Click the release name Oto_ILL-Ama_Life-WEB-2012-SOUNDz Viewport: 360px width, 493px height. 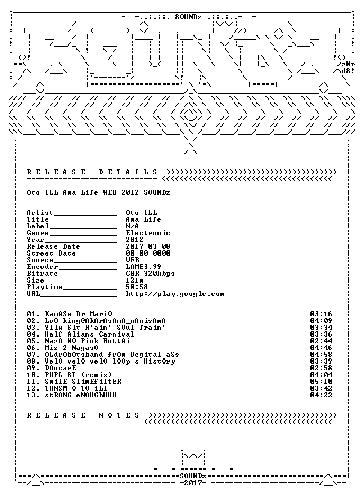[x=98, y=192]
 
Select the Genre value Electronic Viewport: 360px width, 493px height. [x=148, y=233]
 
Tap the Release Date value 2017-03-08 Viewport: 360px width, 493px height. [x=148, y=246]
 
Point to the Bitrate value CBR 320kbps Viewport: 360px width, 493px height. [x=150, y=274]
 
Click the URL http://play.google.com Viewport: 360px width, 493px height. [x=175, y=294]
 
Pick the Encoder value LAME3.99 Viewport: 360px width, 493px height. [x=143, y=267]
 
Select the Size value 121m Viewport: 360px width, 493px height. [x=135, y=280]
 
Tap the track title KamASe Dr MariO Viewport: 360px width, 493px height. [x=79, y=314]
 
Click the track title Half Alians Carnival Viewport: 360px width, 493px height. [x=89, y=334]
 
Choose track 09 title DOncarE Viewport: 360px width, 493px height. [x=60, y=368]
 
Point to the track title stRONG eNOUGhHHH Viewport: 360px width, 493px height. [x=80, y=395]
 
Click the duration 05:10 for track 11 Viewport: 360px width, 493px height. [x=321, y=382]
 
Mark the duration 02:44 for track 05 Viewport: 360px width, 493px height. [x=321, y=341]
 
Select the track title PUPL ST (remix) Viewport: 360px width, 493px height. [x=78, y=375]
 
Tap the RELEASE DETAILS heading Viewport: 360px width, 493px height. [x=92, y=172]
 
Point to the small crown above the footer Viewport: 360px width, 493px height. [x=193, y=458]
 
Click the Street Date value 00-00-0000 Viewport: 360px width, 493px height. [x=148, y=253]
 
